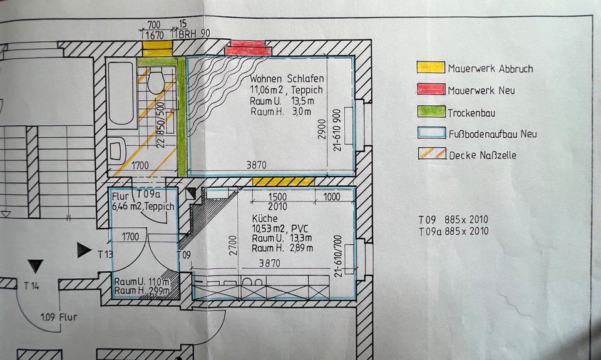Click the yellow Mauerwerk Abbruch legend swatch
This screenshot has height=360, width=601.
coord(431,68)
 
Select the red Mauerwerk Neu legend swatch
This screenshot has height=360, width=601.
coord(431,90)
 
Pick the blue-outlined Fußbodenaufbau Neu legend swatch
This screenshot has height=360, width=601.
coord(431,133)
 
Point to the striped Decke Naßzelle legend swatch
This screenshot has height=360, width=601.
coord(431,154)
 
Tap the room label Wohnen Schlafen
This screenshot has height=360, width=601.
coord(287,80)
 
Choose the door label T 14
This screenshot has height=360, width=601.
coord(32,286)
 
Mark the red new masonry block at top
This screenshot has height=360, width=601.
coord(248,48)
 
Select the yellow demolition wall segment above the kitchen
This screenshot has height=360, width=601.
coord(284,181)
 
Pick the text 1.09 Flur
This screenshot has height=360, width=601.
coord(59,316)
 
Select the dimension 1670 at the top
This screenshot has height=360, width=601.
coord(155,36)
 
